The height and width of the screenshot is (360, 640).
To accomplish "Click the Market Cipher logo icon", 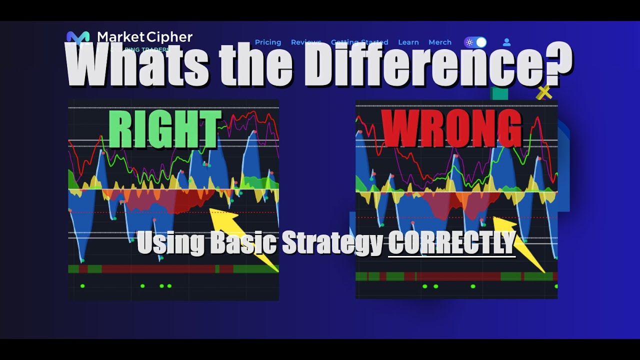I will pyautogui.click(x=78, y=37).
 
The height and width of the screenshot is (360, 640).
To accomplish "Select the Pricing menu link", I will pyautogui.click(x=268, y=42).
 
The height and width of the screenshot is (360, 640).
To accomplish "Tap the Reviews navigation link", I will pyautogui.click(x=306, y=42).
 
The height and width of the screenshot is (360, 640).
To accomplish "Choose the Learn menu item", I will pyautogui.click(x=408, y=42).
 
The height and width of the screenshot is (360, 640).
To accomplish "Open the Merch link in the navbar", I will pyautogui.click(x=439, y=42).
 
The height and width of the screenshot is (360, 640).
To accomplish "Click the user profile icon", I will pyautogui.click(x=506, y=42).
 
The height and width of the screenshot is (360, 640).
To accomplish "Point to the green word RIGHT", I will pyautogui.click(x=164, y=129).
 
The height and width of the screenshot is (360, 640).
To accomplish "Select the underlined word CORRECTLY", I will pyautogui.click(x=451, y=243).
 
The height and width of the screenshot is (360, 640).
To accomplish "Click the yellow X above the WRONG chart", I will pyautogui.click(x=543, y=92).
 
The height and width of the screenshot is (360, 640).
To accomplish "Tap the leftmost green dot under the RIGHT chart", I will pyautogui.click(x=82, y=286).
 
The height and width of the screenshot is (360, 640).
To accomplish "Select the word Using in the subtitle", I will pyautogui.click(x=170, y=243).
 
